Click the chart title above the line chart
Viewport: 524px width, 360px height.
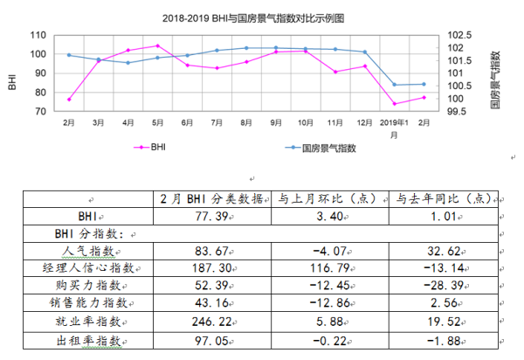point(253,17)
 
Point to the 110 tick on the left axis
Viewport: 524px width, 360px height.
point(38,35)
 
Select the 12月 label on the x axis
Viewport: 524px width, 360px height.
point(364,124)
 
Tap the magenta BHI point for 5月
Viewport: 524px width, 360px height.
point(157,45)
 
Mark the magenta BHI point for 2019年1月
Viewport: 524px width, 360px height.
point(395,104)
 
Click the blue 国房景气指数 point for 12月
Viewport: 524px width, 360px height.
point(365,52)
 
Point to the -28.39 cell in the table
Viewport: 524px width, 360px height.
point(442,288)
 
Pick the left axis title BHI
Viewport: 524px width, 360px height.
point(12,83)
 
